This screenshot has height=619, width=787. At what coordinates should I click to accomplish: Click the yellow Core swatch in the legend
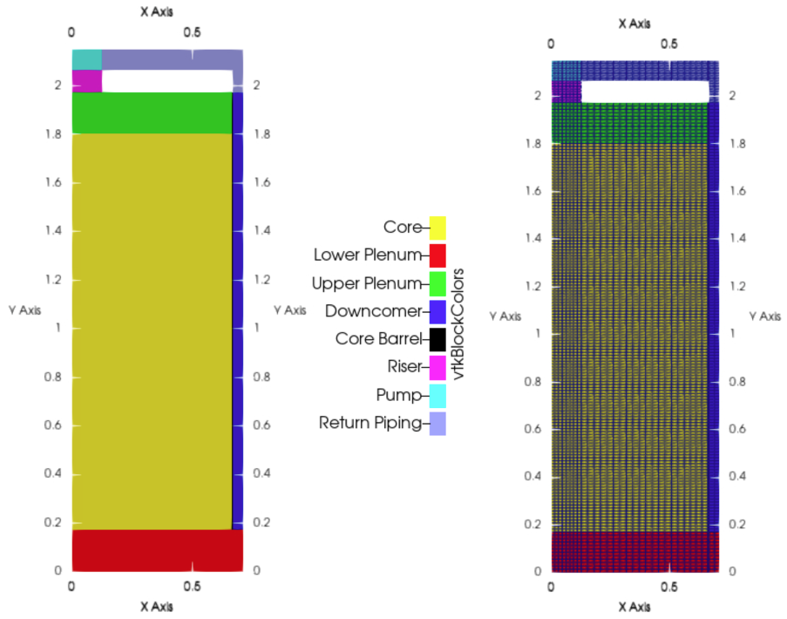click(x=438, y=228)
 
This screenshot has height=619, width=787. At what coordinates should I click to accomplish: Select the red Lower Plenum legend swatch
click(x=438, y=255)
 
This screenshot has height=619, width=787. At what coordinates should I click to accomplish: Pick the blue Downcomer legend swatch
click(x=438, y=311)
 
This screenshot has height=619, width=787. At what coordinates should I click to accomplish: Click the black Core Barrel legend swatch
click(x=438, y=339)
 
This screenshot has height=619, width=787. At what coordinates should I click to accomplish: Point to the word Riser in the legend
click(x=404, y=366)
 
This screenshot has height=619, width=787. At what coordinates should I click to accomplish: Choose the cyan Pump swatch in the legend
click(x=438, y=396)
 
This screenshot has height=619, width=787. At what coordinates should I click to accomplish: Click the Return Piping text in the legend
click(x=370, y=424)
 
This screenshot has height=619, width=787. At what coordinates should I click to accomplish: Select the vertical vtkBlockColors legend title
click(x=458, y=323)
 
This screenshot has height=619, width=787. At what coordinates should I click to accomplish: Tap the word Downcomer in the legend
click(x=373, y=311)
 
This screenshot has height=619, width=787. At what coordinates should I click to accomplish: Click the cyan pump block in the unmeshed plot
click(x=86, y=59)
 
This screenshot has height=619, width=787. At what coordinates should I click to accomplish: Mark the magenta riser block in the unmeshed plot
click(x=86, y=80)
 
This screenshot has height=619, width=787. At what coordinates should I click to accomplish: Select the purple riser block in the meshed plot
click(x=566, y=92)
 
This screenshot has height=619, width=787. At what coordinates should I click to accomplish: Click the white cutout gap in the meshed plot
click(x=645, y=92)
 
